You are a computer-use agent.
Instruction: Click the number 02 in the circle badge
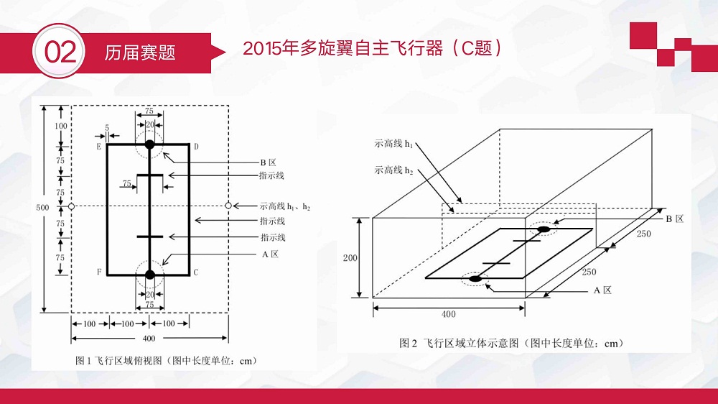(x=60, y=52)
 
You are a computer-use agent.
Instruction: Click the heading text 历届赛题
(x=140, y=52)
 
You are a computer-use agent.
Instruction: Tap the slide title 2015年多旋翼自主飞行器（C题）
(x=372, y=48)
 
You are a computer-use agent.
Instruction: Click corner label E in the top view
(x=98, y=147)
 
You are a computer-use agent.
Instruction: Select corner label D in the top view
(x=196, y=147)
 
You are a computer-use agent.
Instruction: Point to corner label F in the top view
(x=99, y=272)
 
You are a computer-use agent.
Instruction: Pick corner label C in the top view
(x=196, y=272)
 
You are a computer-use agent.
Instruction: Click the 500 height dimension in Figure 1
(x=42, y=207)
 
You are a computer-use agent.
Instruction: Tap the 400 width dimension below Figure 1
(x=149, y=339)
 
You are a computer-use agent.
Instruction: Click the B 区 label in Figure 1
(x=269, y=162)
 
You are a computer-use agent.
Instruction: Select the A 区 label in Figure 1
(x=270, y=254)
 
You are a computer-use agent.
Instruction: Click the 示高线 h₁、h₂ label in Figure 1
(x=285, y=206)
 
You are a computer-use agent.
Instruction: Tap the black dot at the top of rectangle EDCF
(x=149, y=144)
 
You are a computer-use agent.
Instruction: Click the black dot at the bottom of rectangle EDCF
(x=150, y=275)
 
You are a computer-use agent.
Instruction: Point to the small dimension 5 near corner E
(x=107, y=128)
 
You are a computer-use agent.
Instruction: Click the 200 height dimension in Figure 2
(x=350, y=258)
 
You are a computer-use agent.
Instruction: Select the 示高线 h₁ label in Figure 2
(x=393, y=144)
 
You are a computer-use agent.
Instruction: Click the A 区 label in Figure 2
(x=602, y=290)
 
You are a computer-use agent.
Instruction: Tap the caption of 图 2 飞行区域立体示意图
(x=511, y=343)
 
